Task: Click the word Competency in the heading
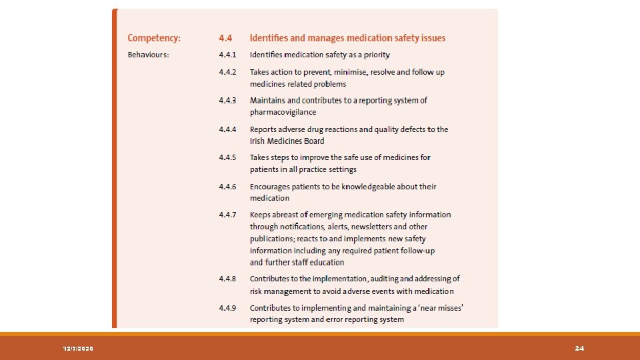coord(153,38)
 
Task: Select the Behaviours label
coord(148,55)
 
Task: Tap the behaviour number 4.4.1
coord(227,55)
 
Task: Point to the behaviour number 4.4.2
coord(227,71)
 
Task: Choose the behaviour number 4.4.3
coord(227,100)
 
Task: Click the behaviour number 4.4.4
coord(227,129)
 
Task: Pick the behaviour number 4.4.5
coord(227,157)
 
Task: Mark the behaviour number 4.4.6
coord(227,187)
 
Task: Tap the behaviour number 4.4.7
coord(227,215)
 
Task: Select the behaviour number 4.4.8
coord(227,279)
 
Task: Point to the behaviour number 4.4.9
coord(227,308)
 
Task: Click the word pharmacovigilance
coord(283,112)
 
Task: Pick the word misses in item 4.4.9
coord(446,308)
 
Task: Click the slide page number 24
coord(579,349)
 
